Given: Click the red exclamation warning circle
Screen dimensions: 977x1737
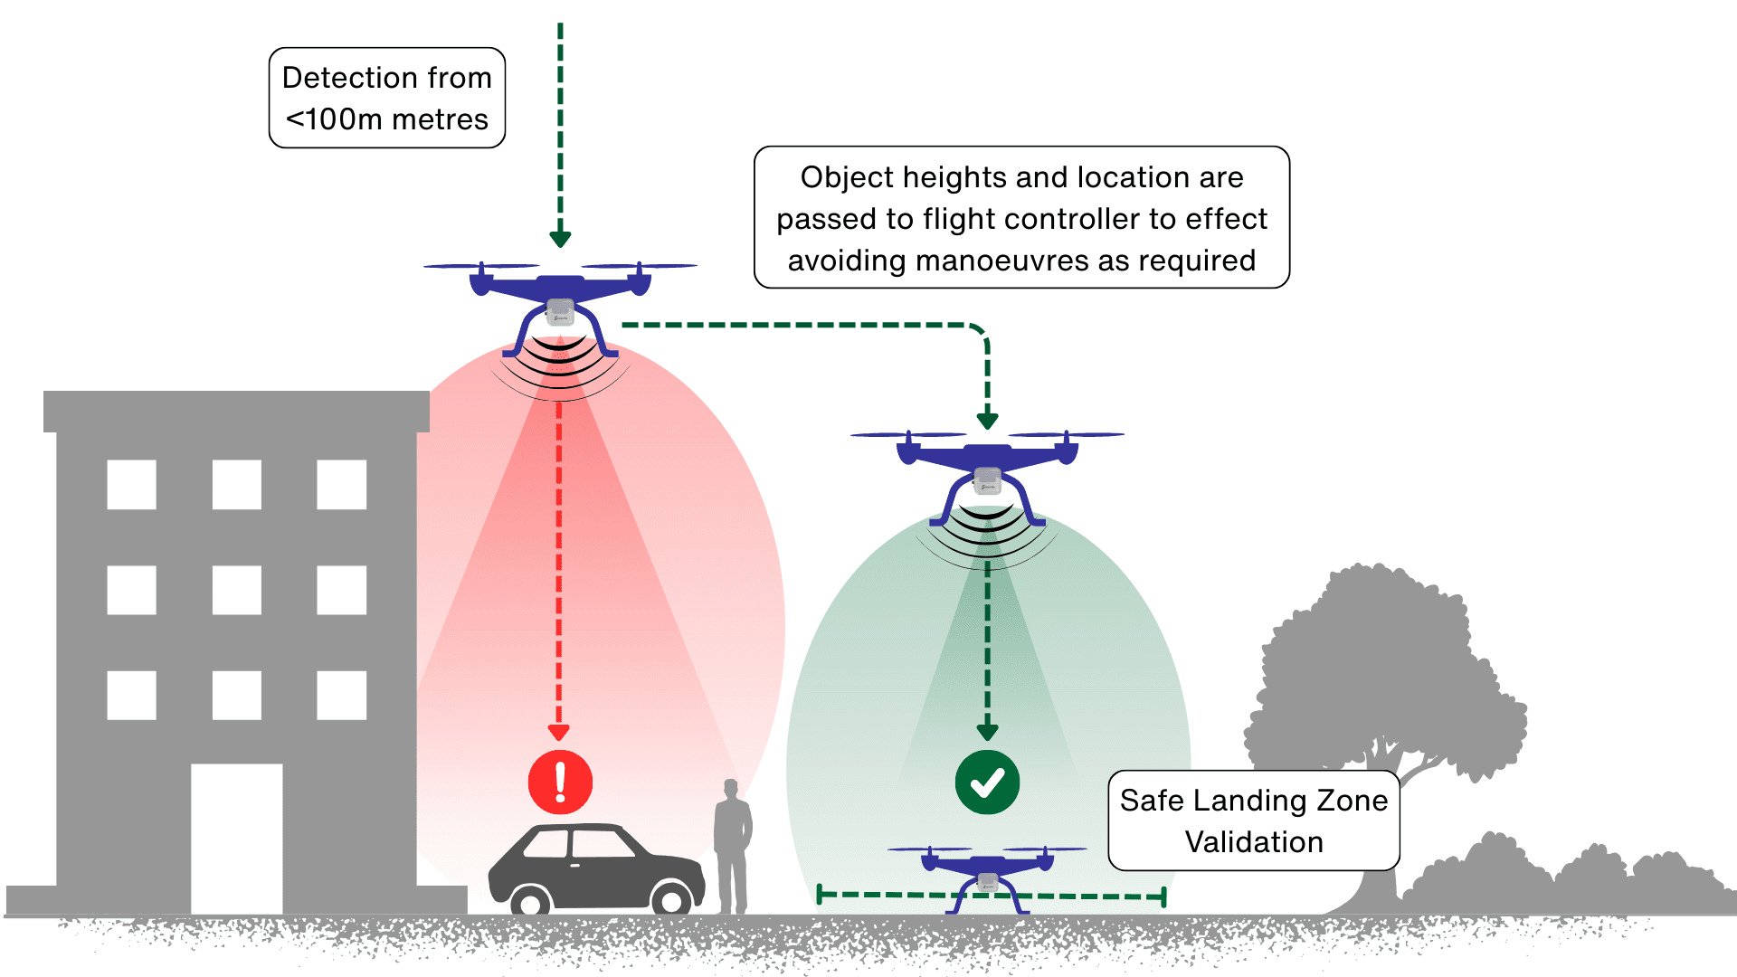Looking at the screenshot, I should (560, 783).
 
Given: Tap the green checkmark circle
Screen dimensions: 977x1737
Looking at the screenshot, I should (987, 783).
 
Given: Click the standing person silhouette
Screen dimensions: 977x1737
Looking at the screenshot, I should (733, 846).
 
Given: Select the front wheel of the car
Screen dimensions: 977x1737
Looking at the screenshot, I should (671, 899).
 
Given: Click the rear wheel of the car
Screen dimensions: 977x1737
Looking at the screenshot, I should (530, 901).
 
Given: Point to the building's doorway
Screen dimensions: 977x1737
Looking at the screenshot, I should (236, 838).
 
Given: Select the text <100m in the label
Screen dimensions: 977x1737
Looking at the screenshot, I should (334, 119).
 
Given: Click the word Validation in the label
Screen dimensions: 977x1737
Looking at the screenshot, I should (1254, 842).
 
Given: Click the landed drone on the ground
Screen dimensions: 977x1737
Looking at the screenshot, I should (987, 874).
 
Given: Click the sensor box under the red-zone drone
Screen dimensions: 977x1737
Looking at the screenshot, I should (560, 311).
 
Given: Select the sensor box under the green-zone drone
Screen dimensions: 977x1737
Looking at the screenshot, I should (987, 480).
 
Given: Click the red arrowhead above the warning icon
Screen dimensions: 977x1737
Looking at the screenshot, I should (559, 732).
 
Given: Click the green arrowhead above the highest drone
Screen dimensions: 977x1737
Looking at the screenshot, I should (560, 239).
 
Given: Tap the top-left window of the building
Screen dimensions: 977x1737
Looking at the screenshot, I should (131, 484).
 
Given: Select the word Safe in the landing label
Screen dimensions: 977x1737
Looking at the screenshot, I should (1152, 801).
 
